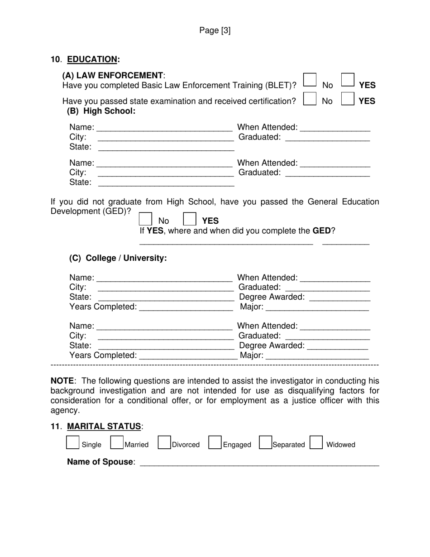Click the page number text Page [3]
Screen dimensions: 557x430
(x=215, y=30)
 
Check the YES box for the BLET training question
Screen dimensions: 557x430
(x=347, y=80)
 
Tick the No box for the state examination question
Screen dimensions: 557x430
(x=310, y=99)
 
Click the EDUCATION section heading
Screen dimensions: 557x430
(x=92, y=59)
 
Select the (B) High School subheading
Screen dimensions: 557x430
(x=101, y=111)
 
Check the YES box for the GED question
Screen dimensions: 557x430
(x=190, y=219)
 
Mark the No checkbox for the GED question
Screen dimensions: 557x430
(x=145, y=219)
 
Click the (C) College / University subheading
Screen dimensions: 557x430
(x=118, y=258)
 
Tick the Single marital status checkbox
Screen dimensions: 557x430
(x=72, y=442)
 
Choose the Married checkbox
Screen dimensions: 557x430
(x=117, y=442)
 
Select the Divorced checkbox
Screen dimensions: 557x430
(x=164, y=442)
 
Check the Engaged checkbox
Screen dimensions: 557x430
(x=215, y=442)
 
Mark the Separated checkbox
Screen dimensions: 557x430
(x=265, y=442)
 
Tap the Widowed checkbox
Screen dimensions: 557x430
(x=316, y=442)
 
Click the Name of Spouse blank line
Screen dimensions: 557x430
(x=259, y=463)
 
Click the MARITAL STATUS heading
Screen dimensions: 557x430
(x=104, y=427)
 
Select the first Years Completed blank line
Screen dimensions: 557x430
(x=186, y=308)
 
